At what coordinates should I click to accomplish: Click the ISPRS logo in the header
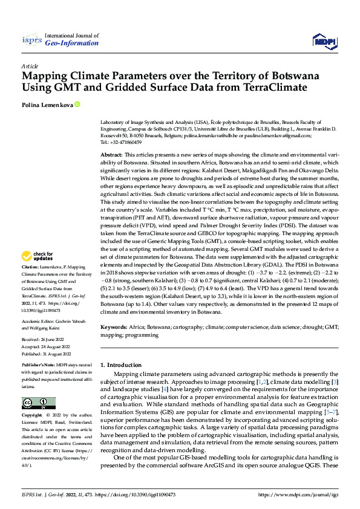coord(31,39)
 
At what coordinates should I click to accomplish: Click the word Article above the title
coord(30,66)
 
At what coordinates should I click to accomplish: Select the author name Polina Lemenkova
coord(47,104)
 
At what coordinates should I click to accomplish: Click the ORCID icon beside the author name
coord(77,104)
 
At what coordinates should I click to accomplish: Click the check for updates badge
coord(38,273)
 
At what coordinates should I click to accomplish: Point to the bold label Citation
coord(31,284)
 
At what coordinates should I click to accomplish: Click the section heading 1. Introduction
coord(120,365)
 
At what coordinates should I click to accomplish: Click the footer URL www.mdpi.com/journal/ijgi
coord(299,494)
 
